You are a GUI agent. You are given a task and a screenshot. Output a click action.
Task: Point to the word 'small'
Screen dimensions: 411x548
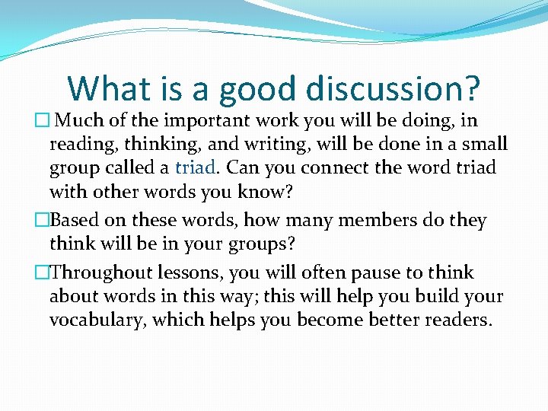click(x=483, y=144)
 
